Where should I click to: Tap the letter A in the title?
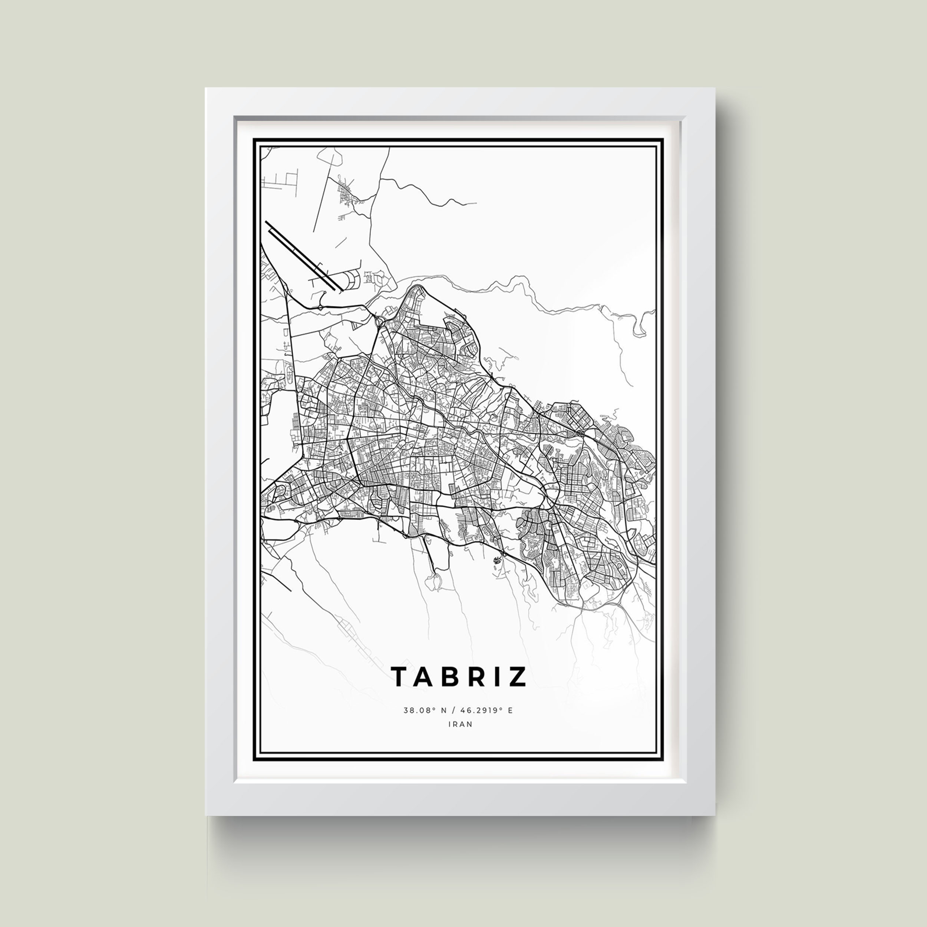tap(424, 677)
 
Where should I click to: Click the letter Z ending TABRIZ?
tap(517, 677)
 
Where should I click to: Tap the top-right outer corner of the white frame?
tap(715, 88)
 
